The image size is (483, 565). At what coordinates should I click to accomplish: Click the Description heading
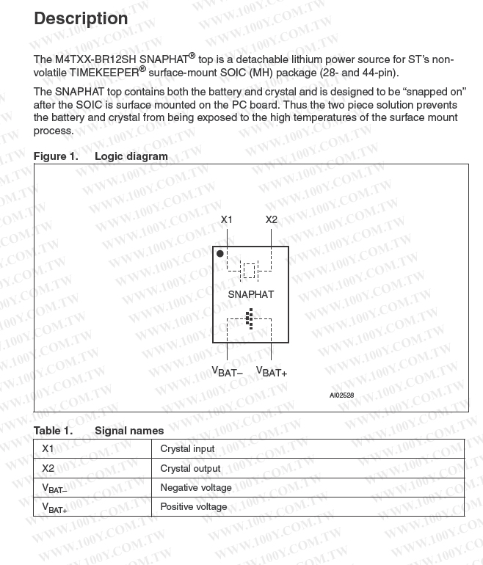click(x=81, y=18)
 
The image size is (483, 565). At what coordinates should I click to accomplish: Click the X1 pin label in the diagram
click(x=227, y=219)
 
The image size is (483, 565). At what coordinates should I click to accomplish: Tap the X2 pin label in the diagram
click(x=272, y=219)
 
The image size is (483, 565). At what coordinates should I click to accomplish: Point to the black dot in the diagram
click(x=220, y=253)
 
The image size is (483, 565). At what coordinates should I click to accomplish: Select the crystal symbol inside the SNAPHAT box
click(x=250, y=271)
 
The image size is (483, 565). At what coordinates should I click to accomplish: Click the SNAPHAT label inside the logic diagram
click(x=250, y=294)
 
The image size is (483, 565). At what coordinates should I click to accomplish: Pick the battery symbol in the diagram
click(x=249, y=318)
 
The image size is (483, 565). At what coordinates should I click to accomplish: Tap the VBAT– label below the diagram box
click(x=227, y=372)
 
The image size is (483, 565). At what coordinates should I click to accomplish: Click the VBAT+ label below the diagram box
click(x=272, y=372)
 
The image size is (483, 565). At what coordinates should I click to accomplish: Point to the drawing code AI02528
click(x=341, y=395)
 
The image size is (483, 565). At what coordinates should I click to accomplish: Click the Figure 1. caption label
click(x=56, y=156)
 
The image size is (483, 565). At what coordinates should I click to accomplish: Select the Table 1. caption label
click(x=53, y=431)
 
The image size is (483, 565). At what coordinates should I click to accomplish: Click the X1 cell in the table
click(x=48, y=448)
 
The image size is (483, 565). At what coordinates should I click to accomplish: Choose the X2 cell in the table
click(x=48, y=468)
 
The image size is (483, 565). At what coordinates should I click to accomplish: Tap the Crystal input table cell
click(x=187, y=448)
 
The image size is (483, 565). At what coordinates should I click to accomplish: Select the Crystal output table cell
click(x=190, y=468)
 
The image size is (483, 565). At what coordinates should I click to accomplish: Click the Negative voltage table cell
click(x=195, y=487)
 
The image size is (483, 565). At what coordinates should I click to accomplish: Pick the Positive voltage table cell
click(x=193, y=506)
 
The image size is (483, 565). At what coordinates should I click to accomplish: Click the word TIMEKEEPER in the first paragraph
click(x=99, y=73)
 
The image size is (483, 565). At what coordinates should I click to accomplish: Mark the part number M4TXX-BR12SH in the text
click(x=95, y=59)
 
